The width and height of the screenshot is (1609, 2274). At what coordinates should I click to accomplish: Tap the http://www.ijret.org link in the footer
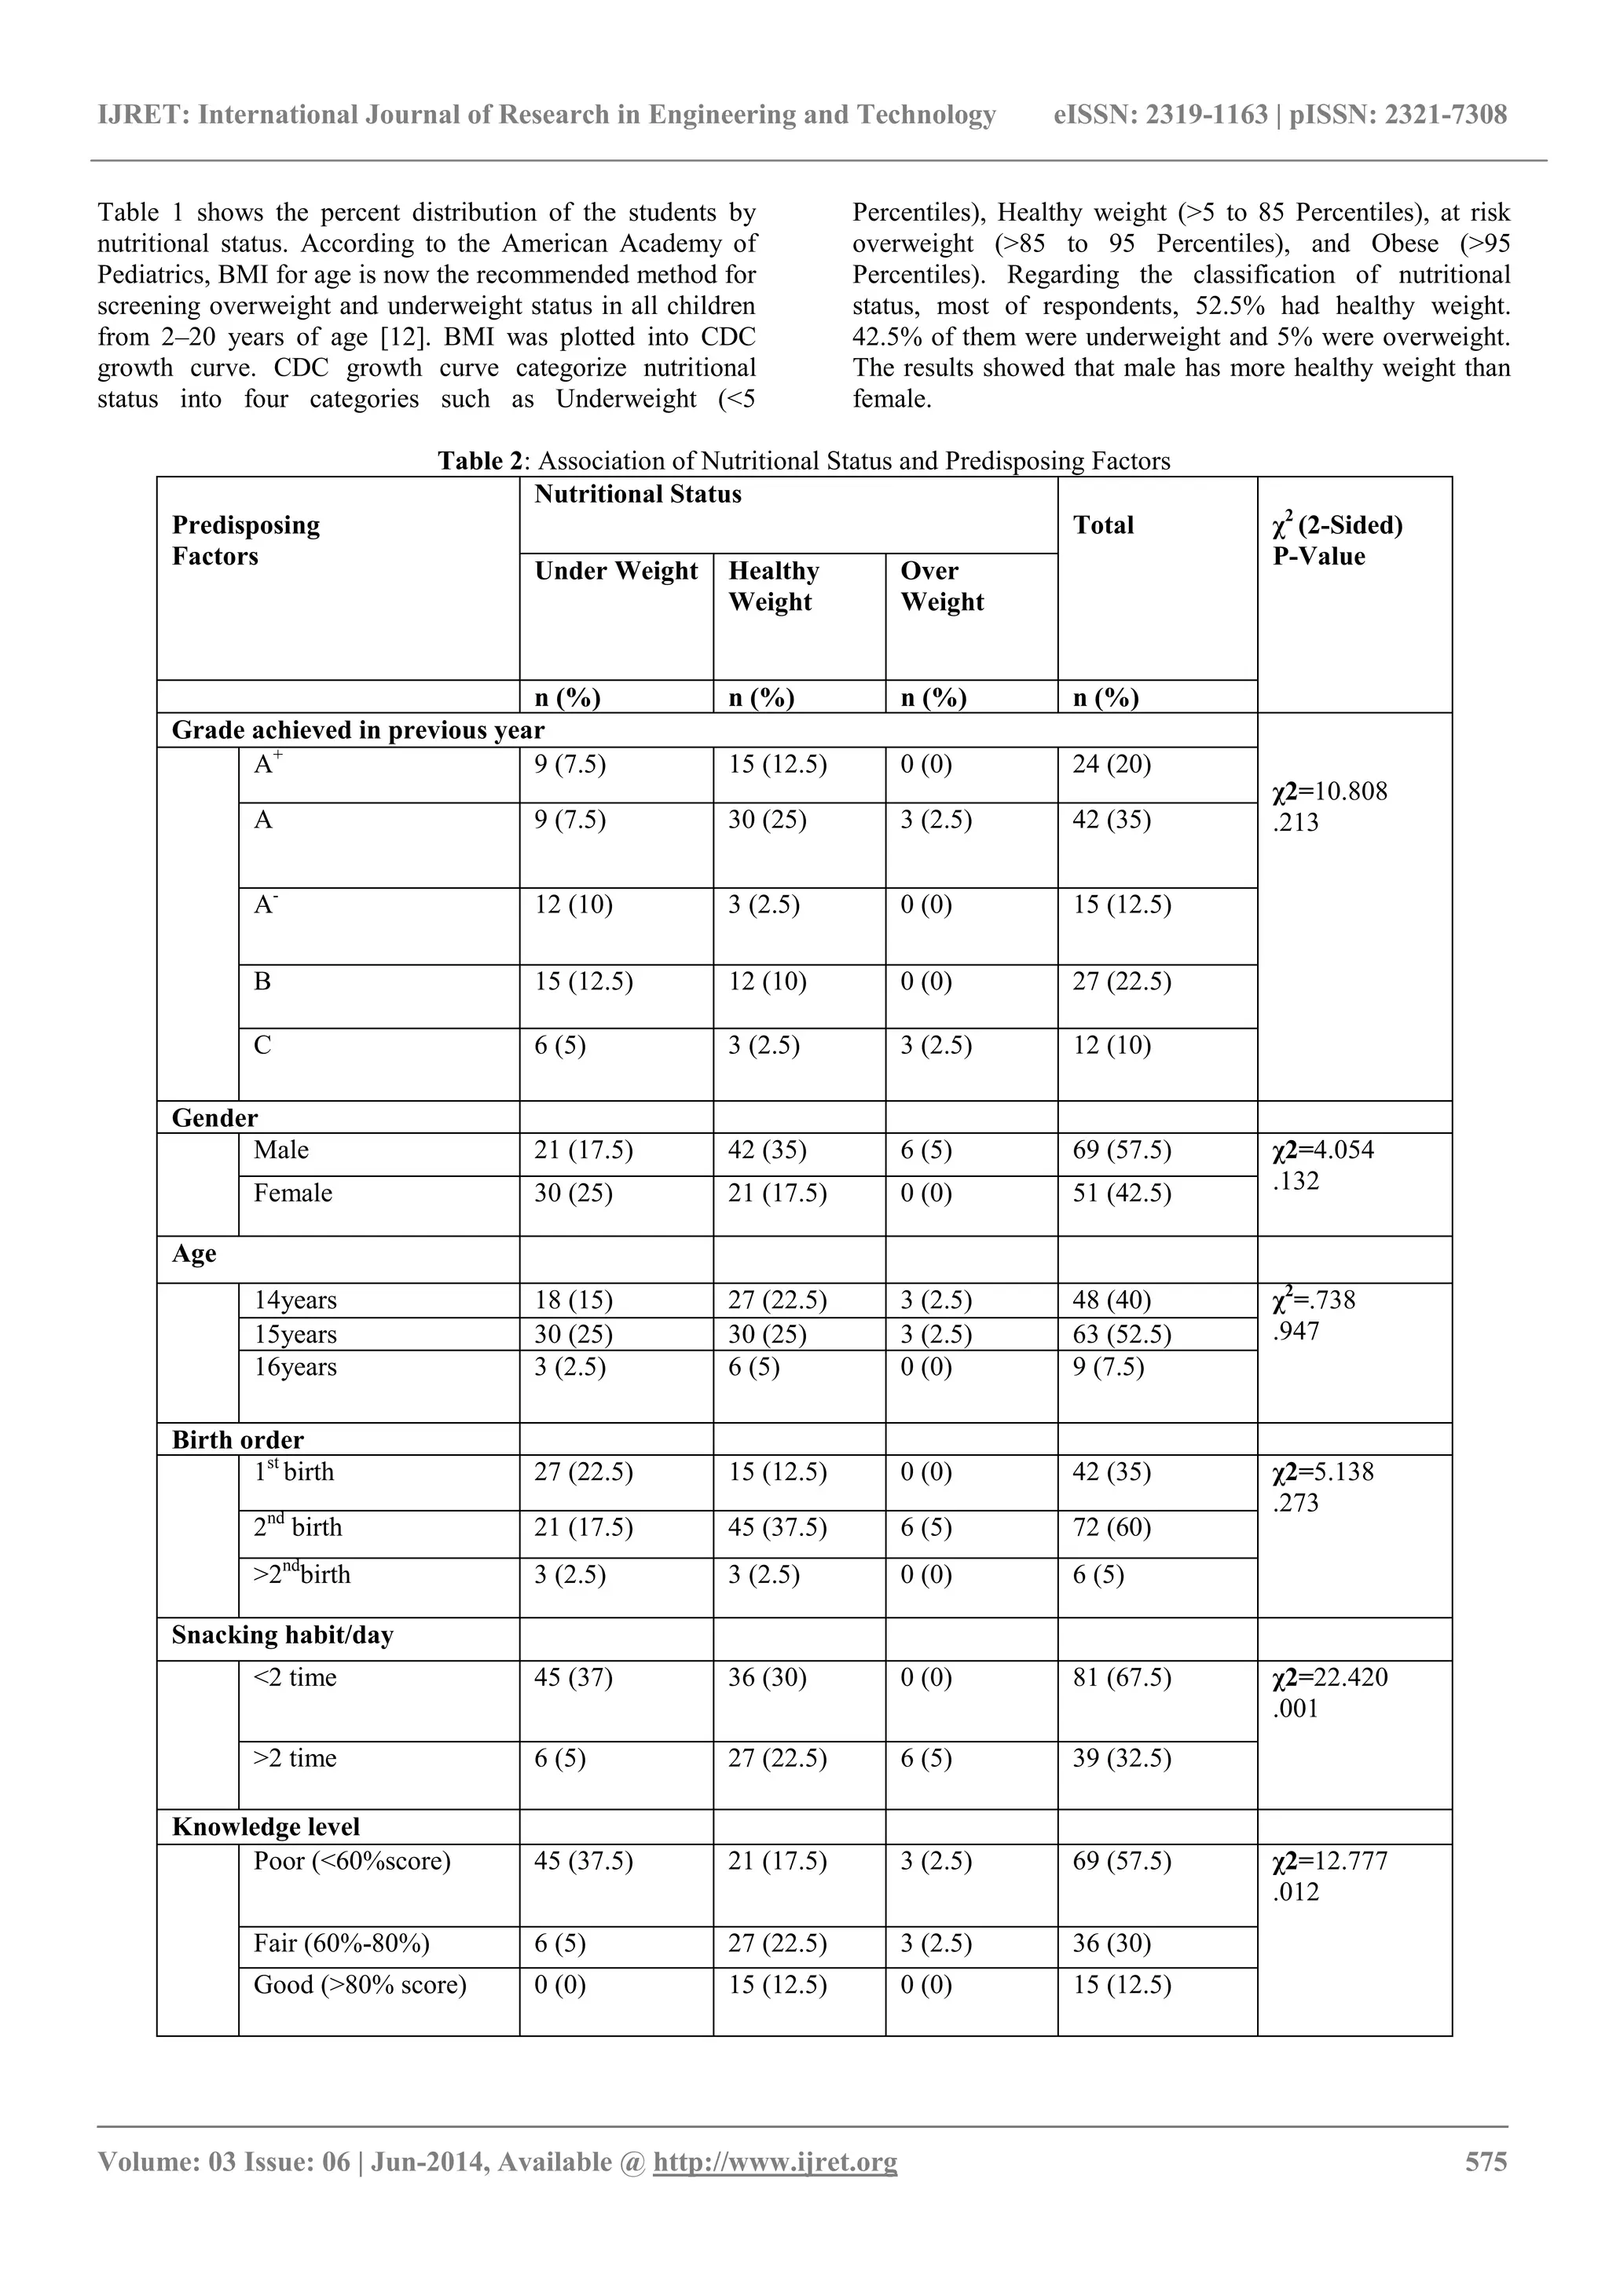tap(775, 2161)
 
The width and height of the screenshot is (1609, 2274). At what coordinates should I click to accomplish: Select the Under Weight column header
tap(615, 572)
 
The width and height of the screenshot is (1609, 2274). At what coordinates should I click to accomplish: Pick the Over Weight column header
tap(941, 587)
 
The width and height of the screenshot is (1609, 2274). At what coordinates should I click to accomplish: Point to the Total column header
tap(1103, 525)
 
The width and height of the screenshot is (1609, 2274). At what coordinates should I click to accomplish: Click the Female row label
tap(292, 1193)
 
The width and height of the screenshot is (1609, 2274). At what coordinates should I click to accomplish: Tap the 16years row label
tap(295, 1367)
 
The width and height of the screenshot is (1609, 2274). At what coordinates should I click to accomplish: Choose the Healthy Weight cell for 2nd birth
tap(777, 1527)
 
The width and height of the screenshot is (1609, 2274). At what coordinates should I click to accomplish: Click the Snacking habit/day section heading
tap(282, 1635)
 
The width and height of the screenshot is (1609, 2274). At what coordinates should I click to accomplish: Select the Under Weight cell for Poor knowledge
tap(583, 1861)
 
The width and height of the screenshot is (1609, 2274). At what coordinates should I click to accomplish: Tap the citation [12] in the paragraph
tap(403, 338)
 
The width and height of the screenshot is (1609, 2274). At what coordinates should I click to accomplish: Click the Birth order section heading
tap(238, 1440)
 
